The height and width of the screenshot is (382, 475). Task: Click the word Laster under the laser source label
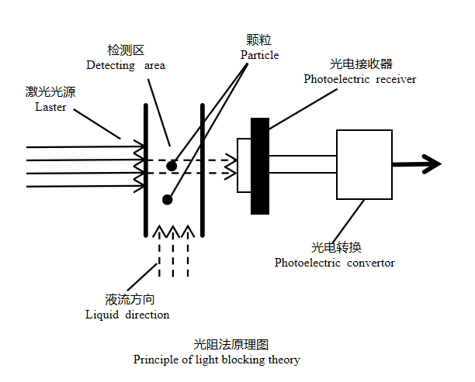[x=50, y=107]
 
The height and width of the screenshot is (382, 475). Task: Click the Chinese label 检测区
[x=126, y=50]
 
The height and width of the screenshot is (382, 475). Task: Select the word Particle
[x=259, y=55]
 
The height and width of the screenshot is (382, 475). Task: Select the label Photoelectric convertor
[x=335, y=263]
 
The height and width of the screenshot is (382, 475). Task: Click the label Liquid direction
[x=127, y=315]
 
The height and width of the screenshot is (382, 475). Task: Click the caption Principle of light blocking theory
[x=217, y=360]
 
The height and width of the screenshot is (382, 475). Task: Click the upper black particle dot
[x=171, y=166]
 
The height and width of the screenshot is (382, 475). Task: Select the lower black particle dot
[x=167, y=200]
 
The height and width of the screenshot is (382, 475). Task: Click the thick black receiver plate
[x=260, y=165]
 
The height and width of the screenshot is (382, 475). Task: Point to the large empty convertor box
[x=364, y=165]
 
